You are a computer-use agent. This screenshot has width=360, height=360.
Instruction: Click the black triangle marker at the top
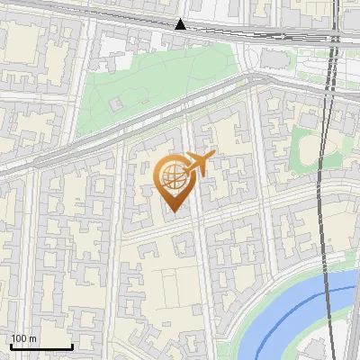(181, 23)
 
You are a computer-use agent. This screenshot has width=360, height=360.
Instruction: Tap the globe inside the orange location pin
(172, 175)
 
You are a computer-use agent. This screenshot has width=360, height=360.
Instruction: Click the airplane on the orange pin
(199, 163)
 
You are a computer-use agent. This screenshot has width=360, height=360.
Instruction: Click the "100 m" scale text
(23, 338)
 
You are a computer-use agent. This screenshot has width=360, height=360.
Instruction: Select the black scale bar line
(41, 347)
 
